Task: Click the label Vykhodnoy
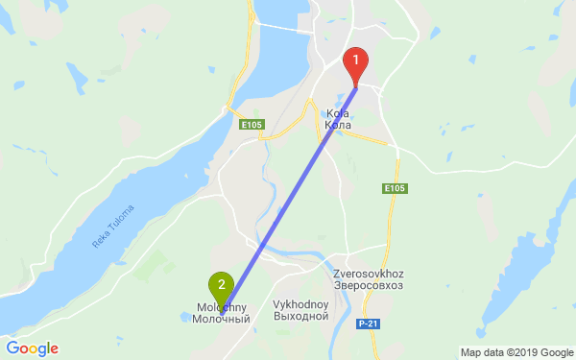(x=301, y=304)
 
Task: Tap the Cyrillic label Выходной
(x=301, y=316)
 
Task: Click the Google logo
(x=32, y=348)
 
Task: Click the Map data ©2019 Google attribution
(x=515, y=351)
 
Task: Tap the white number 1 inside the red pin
(x=356, y=60)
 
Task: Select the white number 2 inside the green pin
(x=222, y=284)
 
